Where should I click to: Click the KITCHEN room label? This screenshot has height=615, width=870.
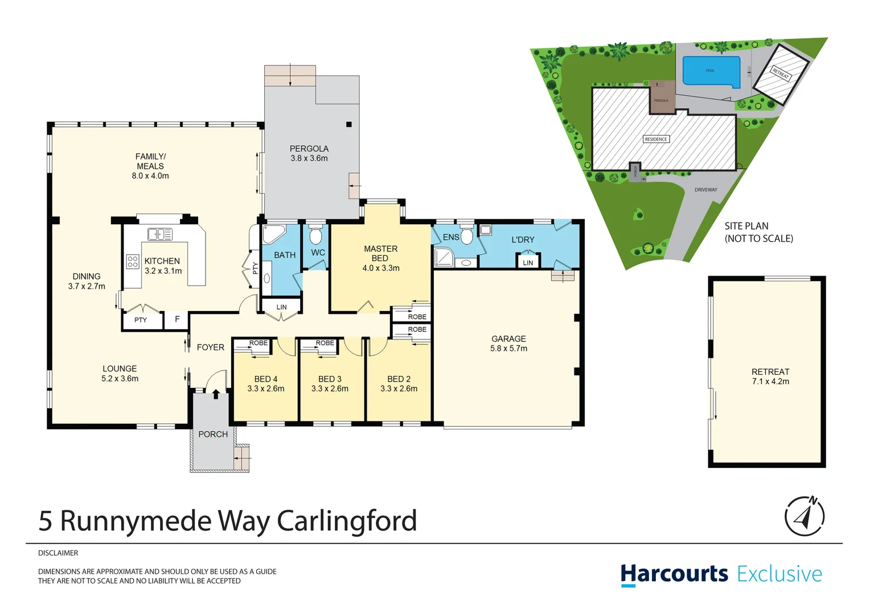[162, 261]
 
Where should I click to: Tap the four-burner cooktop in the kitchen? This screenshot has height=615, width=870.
[133, 262]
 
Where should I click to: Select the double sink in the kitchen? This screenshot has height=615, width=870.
[160, 234]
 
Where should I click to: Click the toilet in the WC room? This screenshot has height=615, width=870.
[315, 235]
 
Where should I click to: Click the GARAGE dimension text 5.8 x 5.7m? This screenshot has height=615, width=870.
[508, 348]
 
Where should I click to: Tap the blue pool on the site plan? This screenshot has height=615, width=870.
[711, 71]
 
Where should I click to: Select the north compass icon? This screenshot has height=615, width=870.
[804, 516]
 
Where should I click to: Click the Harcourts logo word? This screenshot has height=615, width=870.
[674, 574]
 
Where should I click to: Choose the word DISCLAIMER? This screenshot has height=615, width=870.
[58, 553]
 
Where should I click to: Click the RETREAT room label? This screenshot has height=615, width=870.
[770, 372]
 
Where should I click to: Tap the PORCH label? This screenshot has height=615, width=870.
[213, 434]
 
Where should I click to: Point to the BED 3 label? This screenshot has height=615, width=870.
[330, 379]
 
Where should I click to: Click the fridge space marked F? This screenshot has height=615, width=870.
[177, 319]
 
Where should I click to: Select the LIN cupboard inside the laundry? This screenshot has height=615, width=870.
[528, 262]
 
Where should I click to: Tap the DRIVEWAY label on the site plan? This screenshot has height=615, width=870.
[705, 190]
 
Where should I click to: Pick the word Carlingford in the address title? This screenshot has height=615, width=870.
[347, 521]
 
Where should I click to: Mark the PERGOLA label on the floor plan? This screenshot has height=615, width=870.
[309, 149]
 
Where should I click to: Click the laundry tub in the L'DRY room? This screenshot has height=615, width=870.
[485, 230]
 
